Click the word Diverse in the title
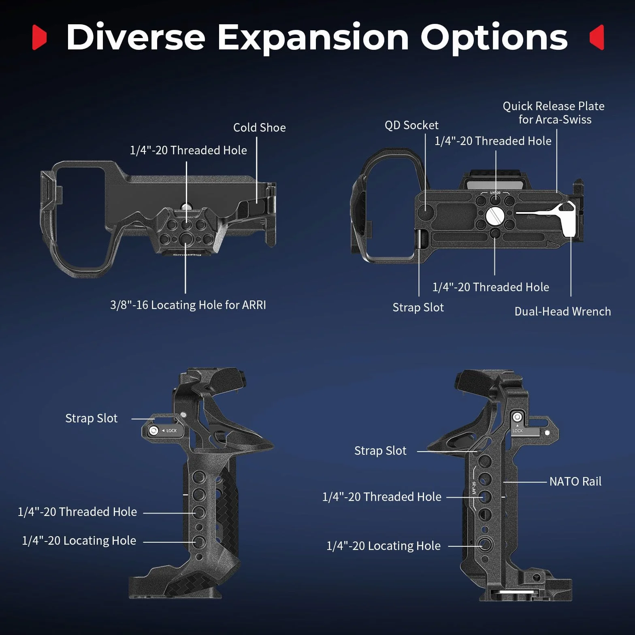pyautogui.click(x=136, y=37)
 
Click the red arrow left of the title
pyautogui.click(x=39, y=37)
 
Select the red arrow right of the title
pyautogui.click(x=597, y=37)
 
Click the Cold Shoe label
pyautogui.click(x=260, y=128)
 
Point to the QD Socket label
pyautogui.click(x=411, y=125)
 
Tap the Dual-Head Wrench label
pyautogui.click(x=563, y=311)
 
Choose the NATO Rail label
pyautogui.click(x=575, y=482)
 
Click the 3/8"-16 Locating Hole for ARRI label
pyautogui.click(x=188, y=305)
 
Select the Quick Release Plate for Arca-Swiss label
pyautogui.click(x=554, y=113)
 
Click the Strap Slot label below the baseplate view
pyautogui.click(x=418, y=308)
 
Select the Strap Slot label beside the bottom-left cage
pyautogui.click(x=92, y=418)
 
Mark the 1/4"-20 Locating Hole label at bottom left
pyautogui.click(x=79, y=541)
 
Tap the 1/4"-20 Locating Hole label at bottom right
pyautogui.click(x=384, y=546)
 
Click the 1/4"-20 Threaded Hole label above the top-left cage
pyautogui.click(x=188, y=150)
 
